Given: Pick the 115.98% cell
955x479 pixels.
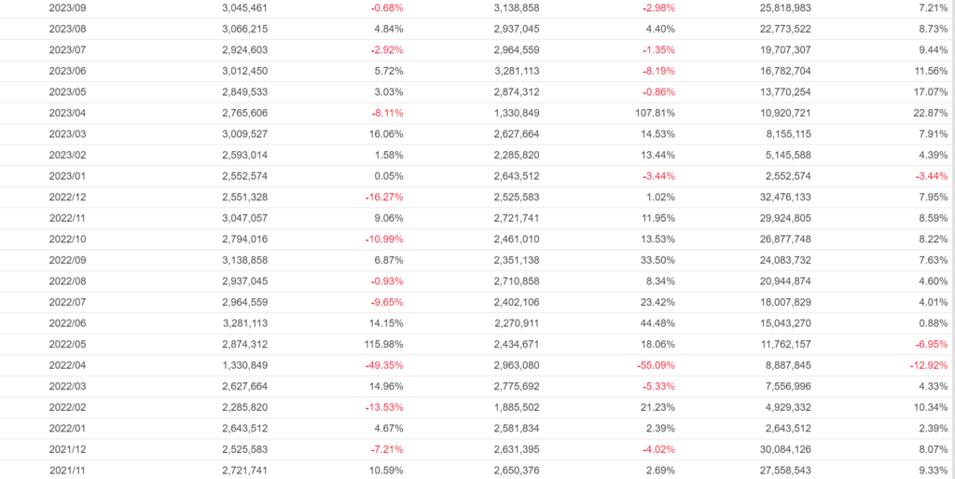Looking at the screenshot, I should pos(382,344).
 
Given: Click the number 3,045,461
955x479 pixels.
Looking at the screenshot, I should pos(245,7).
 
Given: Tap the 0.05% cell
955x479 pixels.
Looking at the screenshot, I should pos(388,175).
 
